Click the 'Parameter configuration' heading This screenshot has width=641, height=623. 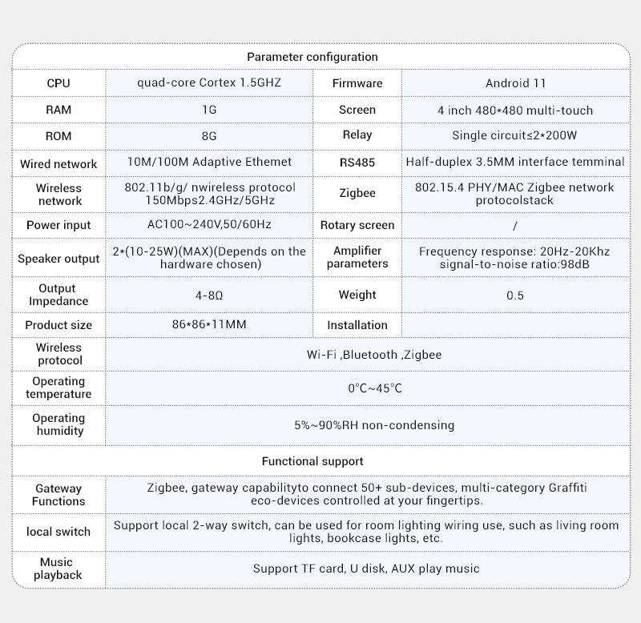point(312,57)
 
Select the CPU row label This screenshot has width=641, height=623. point(58,83)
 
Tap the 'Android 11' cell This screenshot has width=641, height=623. point(515,83)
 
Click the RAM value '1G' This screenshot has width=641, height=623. point(209,110)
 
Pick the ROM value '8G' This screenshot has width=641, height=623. point(209,136)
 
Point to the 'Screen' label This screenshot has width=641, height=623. point(357,110)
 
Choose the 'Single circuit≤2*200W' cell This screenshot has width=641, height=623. point(515,135)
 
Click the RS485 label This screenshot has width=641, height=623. point(357,163)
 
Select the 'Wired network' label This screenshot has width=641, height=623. point(58,164)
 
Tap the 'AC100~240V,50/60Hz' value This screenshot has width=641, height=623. point(209,225)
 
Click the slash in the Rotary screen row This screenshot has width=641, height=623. point(514,226)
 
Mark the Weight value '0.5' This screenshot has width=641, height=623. point(515,295)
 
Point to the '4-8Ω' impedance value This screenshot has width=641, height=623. point(209,295)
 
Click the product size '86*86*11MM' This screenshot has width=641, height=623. point(209,325)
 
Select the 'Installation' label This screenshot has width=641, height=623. point(357,325)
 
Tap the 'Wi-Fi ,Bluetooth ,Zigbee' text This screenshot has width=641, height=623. point(373,355)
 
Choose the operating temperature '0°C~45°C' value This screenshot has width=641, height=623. point(374,388)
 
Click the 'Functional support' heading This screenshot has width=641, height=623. point(312,461)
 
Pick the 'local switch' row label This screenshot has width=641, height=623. point(58,532)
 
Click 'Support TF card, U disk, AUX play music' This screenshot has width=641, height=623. point(366,569)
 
